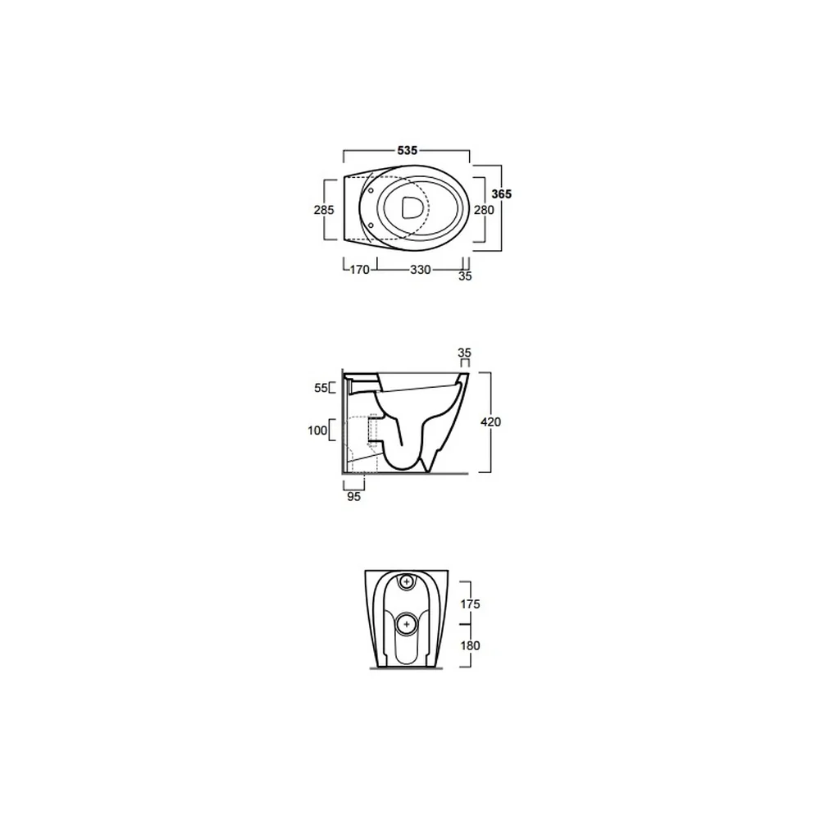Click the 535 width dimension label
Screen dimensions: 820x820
408,151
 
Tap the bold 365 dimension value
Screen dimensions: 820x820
502,194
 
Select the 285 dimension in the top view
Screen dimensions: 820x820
324,210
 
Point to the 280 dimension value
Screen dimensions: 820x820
484,210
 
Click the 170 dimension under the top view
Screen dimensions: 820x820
359,270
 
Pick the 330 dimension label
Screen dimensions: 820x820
421,270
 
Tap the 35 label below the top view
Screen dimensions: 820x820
465,276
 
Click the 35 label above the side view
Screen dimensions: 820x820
464,353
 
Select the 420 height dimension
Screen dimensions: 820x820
490,422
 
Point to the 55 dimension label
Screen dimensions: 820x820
321,388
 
